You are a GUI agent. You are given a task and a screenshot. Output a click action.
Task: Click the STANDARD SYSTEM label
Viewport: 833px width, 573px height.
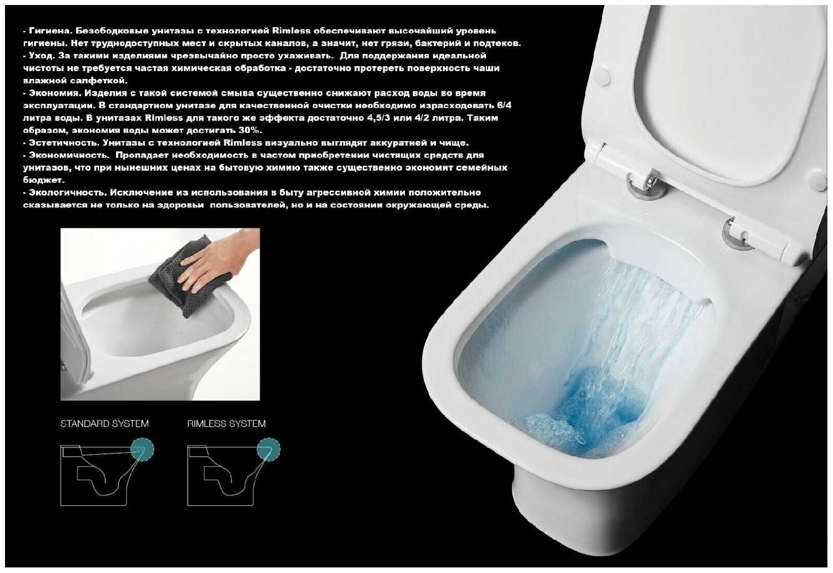(104, 423)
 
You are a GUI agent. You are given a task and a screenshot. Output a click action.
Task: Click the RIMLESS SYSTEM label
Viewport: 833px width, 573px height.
(227, 423)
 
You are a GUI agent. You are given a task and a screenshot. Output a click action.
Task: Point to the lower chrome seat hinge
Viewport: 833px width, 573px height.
(738, 235)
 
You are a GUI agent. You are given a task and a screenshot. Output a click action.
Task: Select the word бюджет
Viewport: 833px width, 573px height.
(43, 181)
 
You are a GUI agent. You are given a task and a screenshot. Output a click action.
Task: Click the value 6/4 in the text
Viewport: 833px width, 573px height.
(504, 105)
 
